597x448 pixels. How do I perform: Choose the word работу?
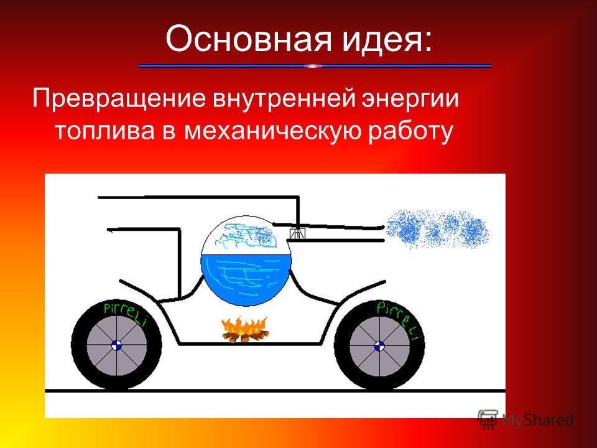click(410, 131)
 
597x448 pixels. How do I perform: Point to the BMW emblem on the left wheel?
click(117, 346)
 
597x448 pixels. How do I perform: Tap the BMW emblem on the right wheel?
click(379, 346)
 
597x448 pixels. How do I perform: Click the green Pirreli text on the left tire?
click(126, 314)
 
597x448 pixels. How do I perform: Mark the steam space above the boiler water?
click(246, 236)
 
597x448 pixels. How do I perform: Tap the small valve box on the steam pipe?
click(298, 233)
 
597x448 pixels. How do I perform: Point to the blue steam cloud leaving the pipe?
click(437, 229)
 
